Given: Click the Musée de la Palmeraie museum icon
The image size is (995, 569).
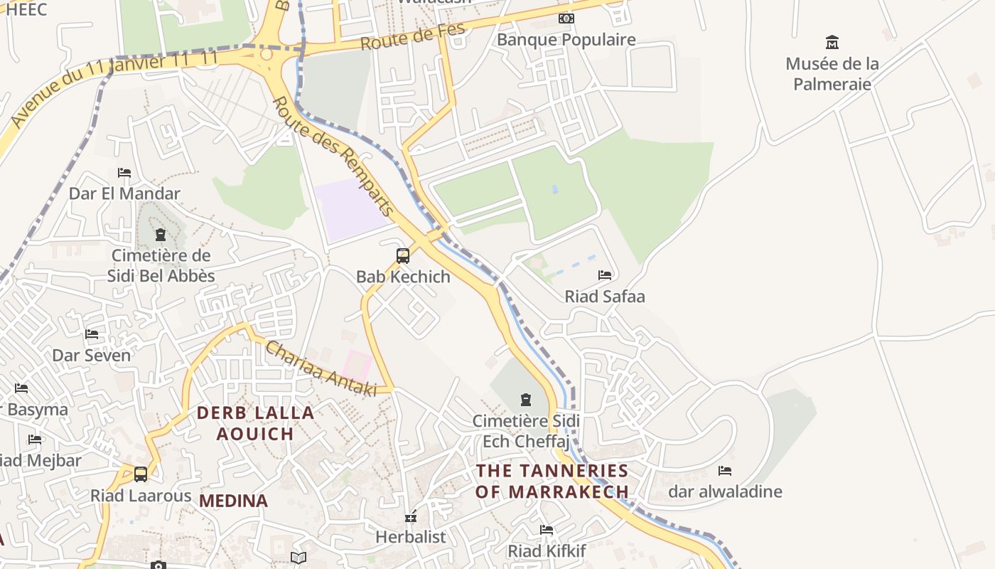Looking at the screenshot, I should pos(832,43).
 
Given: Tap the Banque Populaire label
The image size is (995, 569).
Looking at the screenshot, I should pos(566,40).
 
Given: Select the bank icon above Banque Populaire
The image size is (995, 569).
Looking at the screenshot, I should pos(566,18).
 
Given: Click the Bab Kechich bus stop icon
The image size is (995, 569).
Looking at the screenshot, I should pos(403,256).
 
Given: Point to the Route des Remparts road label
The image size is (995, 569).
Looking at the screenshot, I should pos(333,156).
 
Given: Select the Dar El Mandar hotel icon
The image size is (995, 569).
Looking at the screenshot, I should pos(124,173).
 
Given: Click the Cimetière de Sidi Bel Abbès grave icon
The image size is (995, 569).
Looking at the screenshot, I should pos(161,235).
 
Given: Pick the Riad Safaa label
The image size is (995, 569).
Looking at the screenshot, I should pos(605,297).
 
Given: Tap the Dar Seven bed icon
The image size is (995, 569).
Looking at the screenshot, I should pos(92,334).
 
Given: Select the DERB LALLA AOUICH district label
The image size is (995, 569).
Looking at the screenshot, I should pos(255,423).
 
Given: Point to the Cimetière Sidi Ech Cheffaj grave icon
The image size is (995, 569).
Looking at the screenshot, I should pos(526,400).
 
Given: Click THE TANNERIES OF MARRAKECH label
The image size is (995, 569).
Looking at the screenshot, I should pos(552,481).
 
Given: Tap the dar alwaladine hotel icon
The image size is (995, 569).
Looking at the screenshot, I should pos(725,471).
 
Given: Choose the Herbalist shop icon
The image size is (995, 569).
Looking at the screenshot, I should pos(411,516).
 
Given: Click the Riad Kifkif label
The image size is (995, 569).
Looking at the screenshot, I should pos(547,551).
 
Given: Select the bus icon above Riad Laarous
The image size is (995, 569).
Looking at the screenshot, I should pos(141,474).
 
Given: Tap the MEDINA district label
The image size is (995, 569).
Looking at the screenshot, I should pos(233,501).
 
